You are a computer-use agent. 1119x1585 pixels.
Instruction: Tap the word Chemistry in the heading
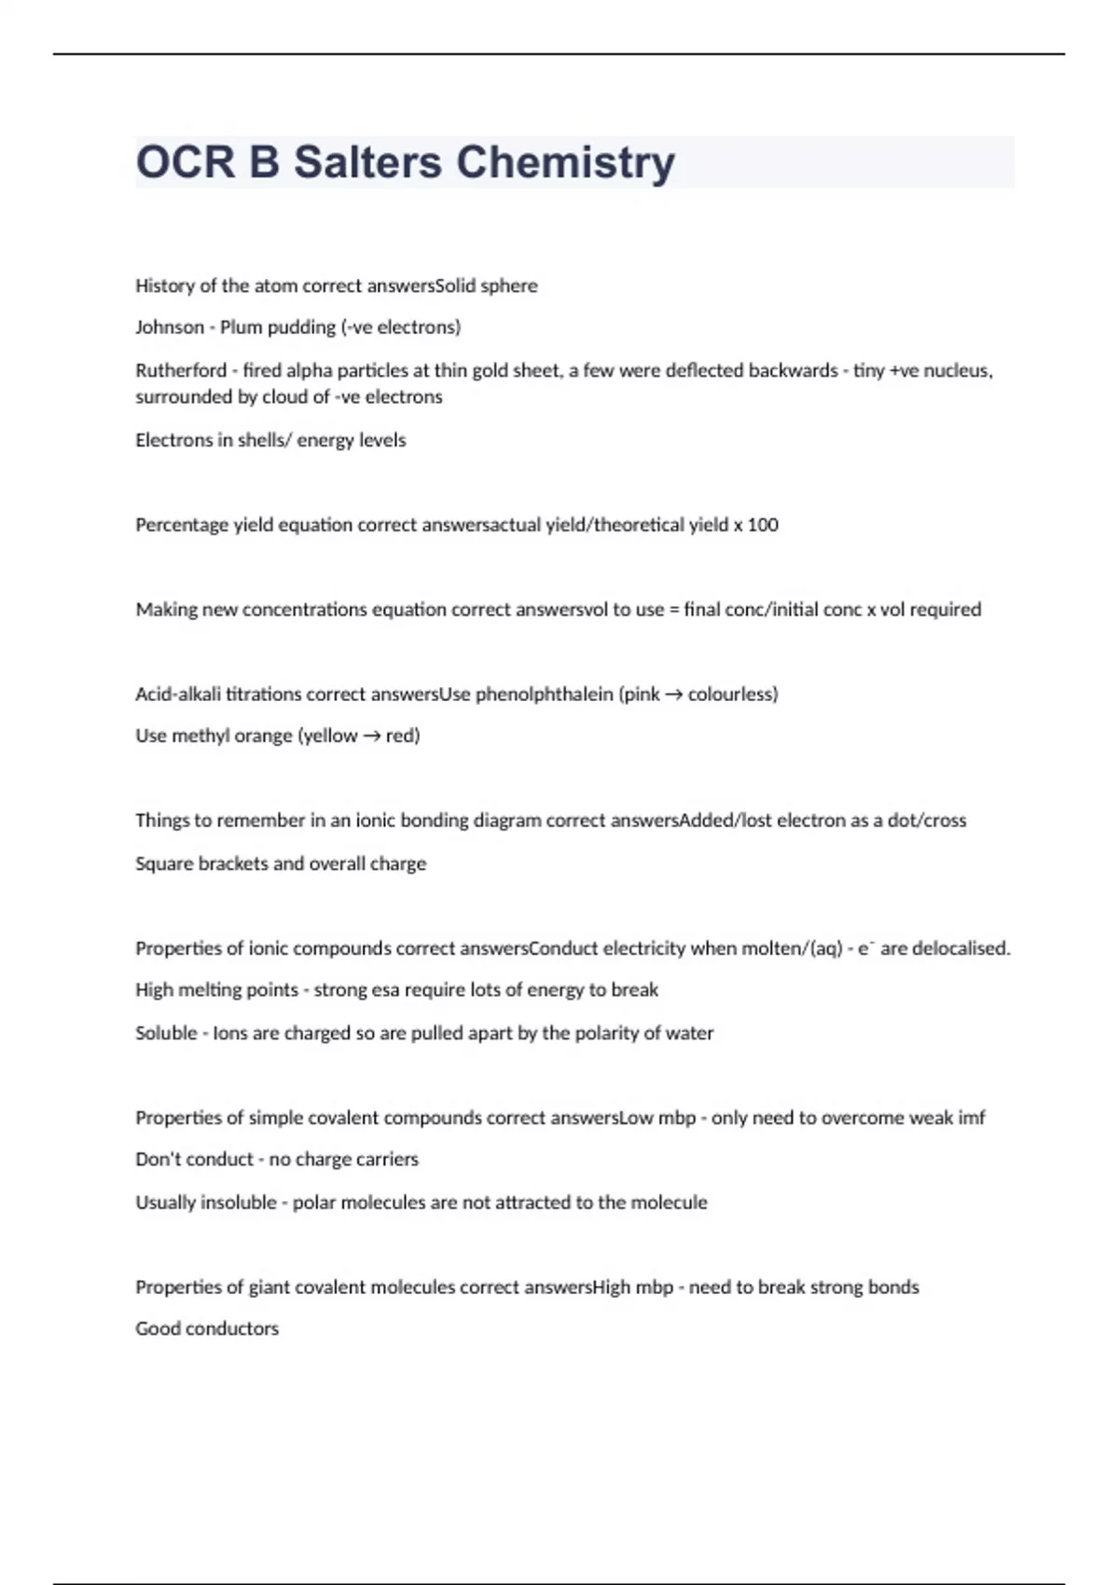point(565,162)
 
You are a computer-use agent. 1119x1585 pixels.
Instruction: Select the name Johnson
point(169,327)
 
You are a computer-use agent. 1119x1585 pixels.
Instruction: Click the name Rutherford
point(181,370)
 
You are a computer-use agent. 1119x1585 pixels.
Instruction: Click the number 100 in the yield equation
point(763,525)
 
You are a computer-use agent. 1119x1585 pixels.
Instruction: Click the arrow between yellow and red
point(371,736)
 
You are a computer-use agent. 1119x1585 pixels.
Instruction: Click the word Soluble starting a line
point(166,1033)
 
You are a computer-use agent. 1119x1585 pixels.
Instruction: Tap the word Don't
point(159,1159)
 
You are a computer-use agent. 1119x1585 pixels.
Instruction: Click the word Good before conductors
point(157,1329)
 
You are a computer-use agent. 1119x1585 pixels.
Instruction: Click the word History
point(165,286)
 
